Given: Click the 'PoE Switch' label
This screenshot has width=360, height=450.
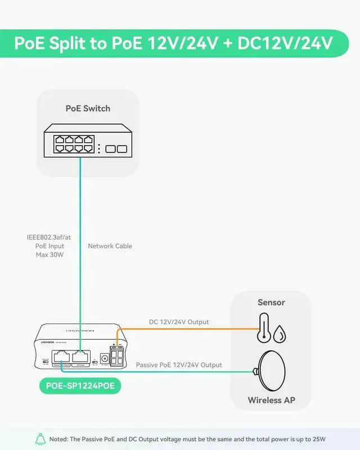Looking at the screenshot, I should tap(88, 108).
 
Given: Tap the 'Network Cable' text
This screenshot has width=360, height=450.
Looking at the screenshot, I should tap(110, 246).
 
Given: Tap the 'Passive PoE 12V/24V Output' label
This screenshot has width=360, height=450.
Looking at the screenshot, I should tap(179, 364).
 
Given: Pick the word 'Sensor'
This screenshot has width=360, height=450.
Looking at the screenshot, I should tap(271, 302).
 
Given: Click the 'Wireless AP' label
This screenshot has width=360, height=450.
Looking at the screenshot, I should tap(271, 400).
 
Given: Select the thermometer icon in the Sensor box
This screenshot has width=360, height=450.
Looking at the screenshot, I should tap(263, 328).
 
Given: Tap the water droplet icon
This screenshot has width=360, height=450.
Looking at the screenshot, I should tap(279, 335).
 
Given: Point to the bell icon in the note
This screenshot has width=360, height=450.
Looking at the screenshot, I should tap(40, 439).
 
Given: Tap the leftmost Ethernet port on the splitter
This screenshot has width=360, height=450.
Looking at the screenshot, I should tap(60, 357).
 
